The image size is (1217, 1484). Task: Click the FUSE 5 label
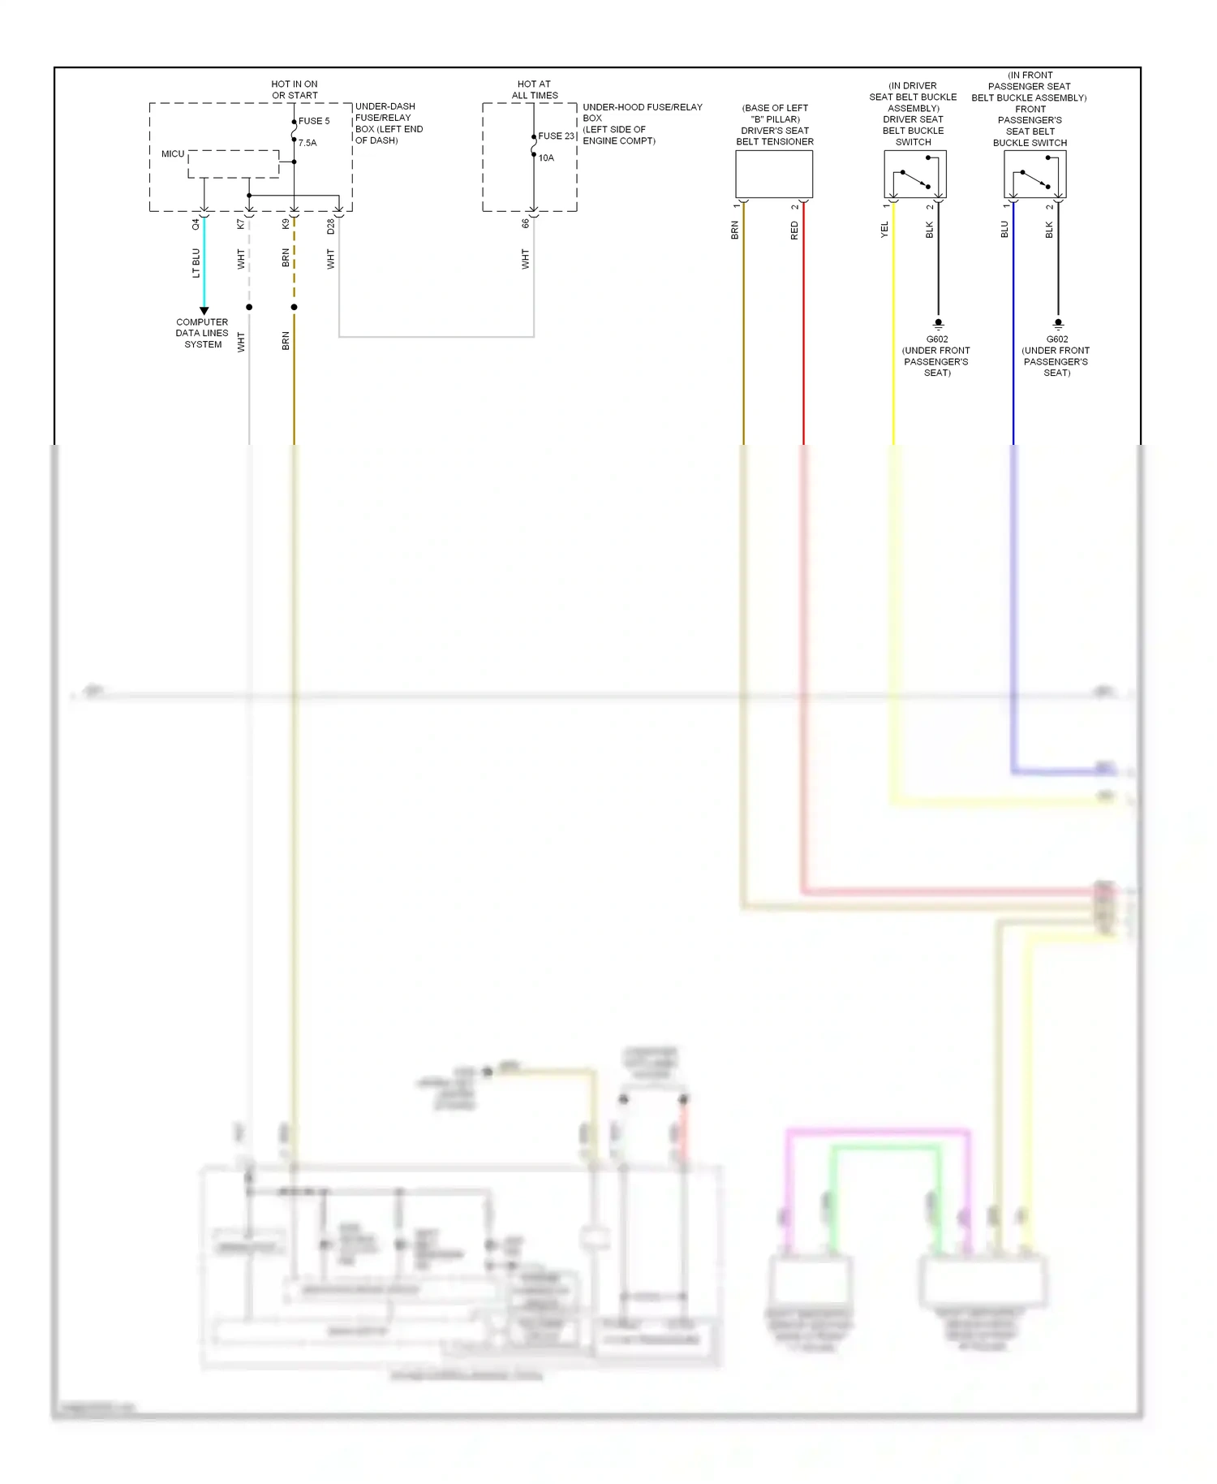coord(314,121)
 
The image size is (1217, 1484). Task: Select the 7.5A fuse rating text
coord(307,143)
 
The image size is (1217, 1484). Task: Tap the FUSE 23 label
coord(556,136)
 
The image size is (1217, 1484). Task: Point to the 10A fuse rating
coord(546,158)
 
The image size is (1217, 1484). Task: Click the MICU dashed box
coord(234,164)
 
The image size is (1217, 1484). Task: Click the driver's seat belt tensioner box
coord(774,175)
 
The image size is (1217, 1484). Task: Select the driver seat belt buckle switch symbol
coord(915,175)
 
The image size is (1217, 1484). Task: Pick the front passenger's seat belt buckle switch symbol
coord(1034,175)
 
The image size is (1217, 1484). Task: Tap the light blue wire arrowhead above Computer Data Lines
coord(204,311)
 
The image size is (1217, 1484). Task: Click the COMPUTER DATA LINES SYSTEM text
coord(202,334)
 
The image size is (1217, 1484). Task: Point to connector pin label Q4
coord(196,224)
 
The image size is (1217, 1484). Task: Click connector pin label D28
coord(331,226)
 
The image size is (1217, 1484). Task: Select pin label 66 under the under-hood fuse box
coord(526,223)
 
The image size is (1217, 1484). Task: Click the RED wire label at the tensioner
coord(794,231)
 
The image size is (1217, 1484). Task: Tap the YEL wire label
coord(884,230)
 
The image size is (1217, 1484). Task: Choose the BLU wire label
coord(1004,230)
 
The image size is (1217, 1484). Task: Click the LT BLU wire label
coord(196,263)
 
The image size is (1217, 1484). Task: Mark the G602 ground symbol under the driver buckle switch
coord(939,323)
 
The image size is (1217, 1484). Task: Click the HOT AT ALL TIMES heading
coord(535,89)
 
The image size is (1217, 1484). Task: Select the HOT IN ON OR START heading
coord(295,89)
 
